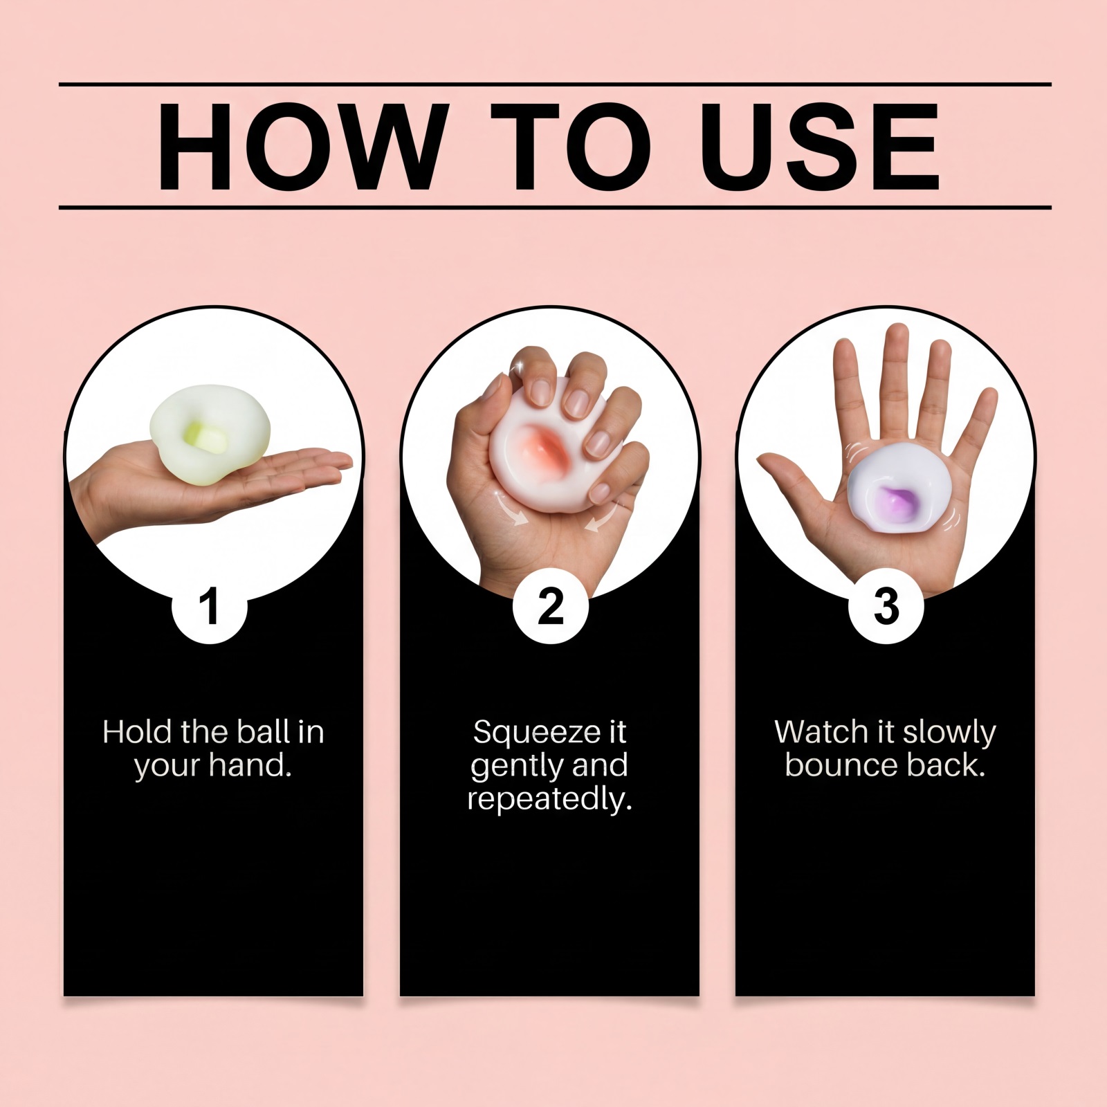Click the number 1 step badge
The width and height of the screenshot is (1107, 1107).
pos(209,607)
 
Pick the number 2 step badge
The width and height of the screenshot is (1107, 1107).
pos(550,607)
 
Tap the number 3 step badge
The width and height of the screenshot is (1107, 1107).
pos(886,607)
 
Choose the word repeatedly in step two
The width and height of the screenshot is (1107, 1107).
pos(550,801)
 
